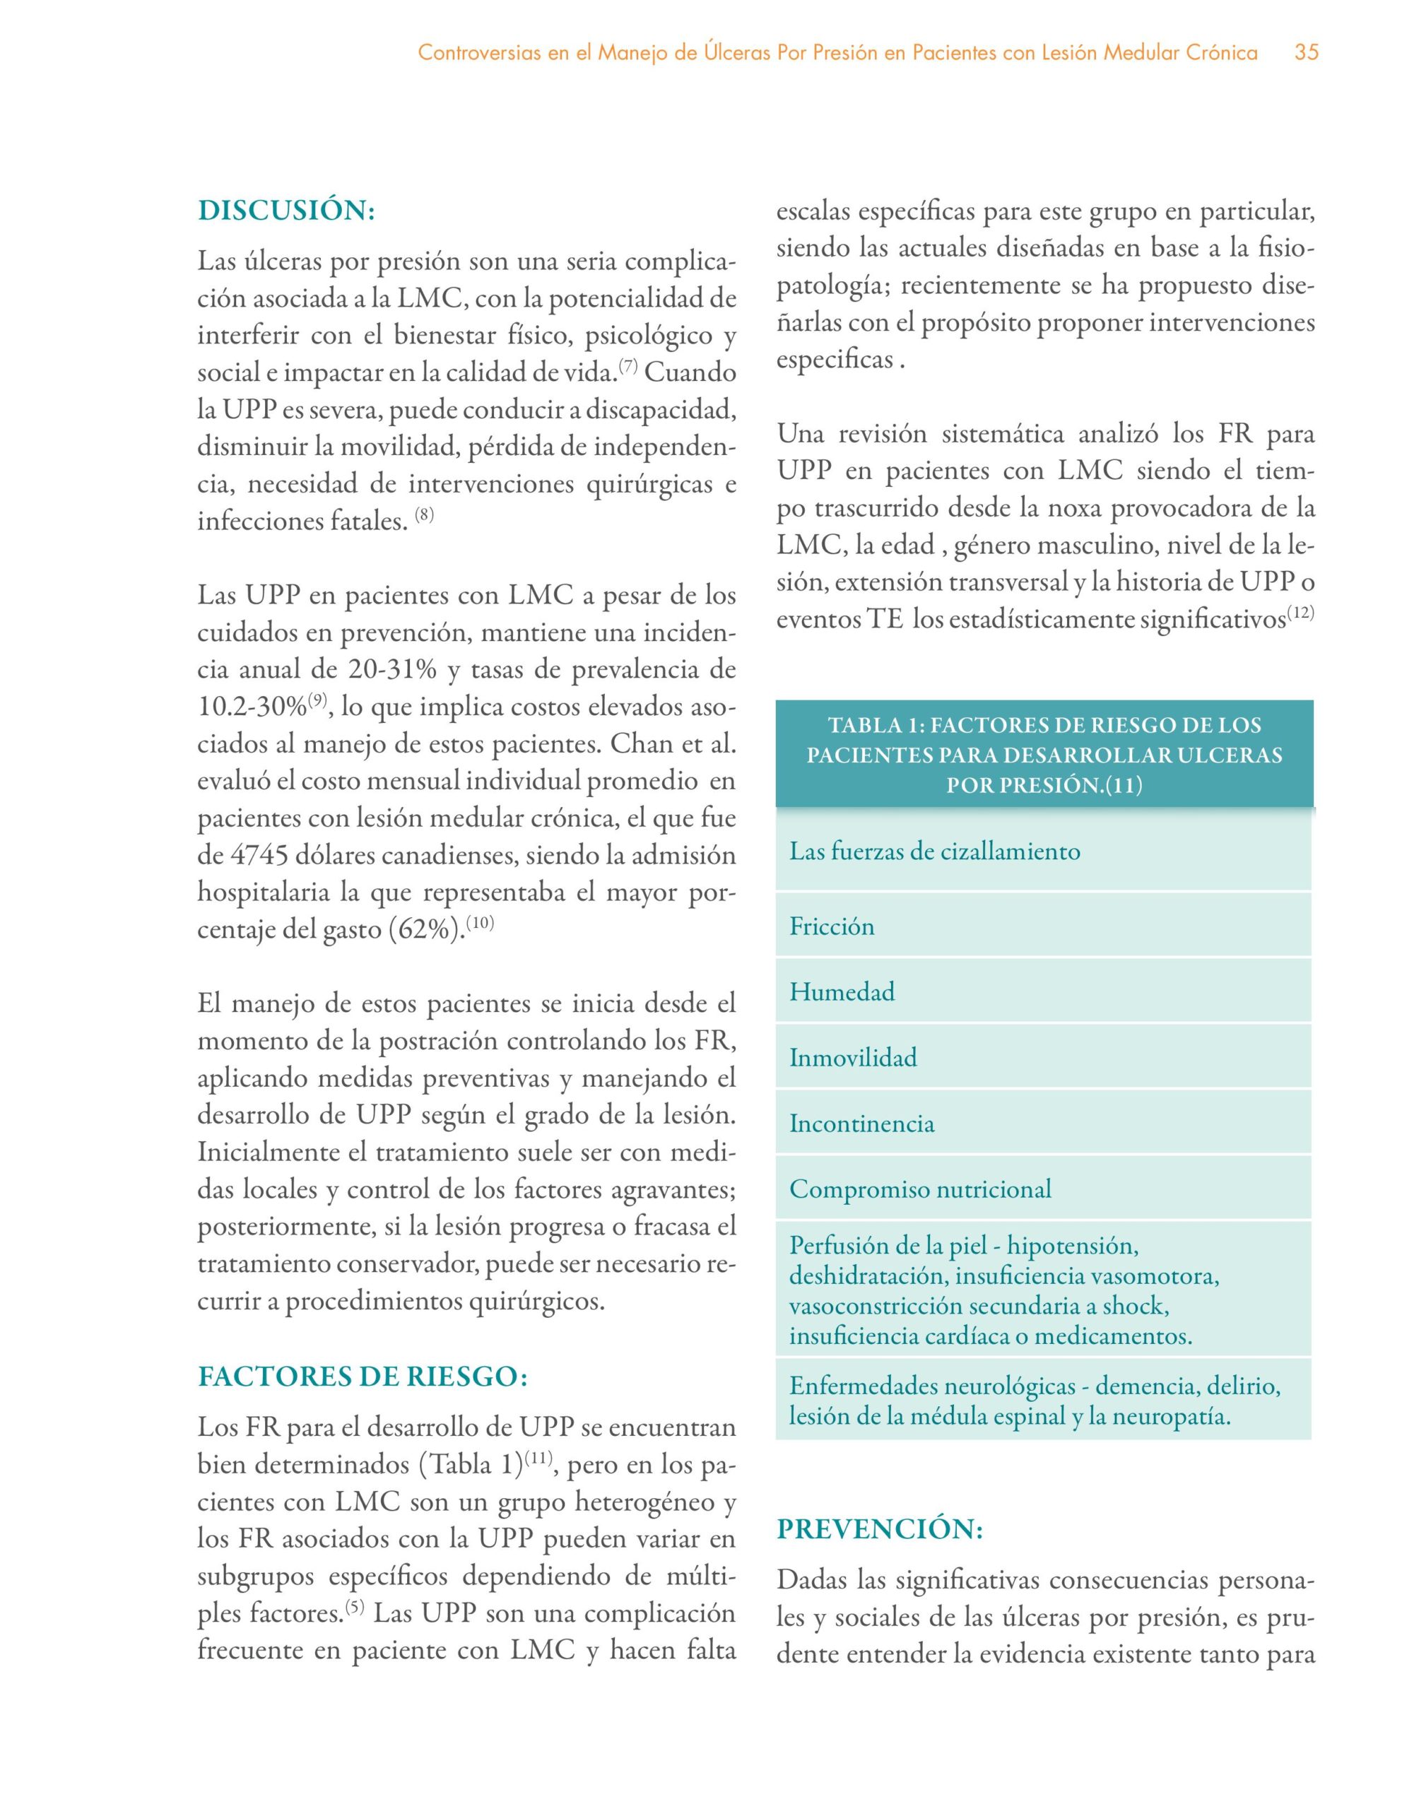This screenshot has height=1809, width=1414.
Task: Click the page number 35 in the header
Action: tap(1307, 53)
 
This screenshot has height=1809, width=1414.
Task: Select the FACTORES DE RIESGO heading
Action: tap(363, 1376)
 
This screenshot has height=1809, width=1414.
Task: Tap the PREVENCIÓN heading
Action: tap(880, 1528)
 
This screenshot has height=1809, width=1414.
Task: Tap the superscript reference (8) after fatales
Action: tap(424, 515)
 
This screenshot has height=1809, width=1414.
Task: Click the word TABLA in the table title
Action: tap(866, 726)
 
